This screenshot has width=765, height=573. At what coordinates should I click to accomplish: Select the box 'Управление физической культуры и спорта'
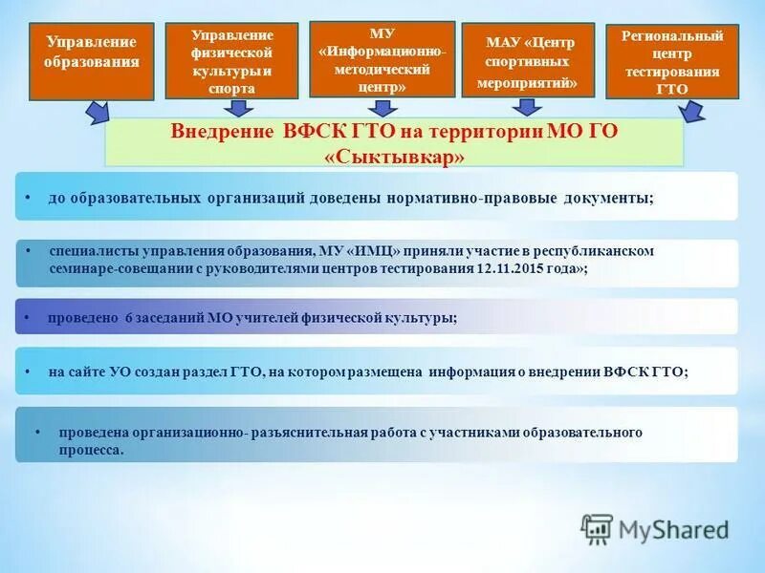point(231,61)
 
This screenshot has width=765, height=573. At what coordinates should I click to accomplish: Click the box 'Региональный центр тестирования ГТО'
point(672,61)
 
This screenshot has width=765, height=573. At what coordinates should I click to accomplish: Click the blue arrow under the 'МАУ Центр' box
point(529,108)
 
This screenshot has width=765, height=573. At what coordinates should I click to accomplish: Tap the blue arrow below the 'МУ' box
point(382,107)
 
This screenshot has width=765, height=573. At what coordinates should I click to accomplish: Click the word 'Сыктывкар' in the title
point(395,156)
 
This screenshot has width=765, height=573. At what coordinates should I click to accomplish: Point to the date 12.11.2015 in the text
point(511,269)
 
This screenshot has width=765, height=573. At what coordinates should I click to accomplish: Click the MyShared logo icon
point(597,528)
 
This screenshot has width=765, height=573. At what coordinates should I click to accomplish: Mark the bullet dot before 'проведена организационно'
point(37,432)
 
